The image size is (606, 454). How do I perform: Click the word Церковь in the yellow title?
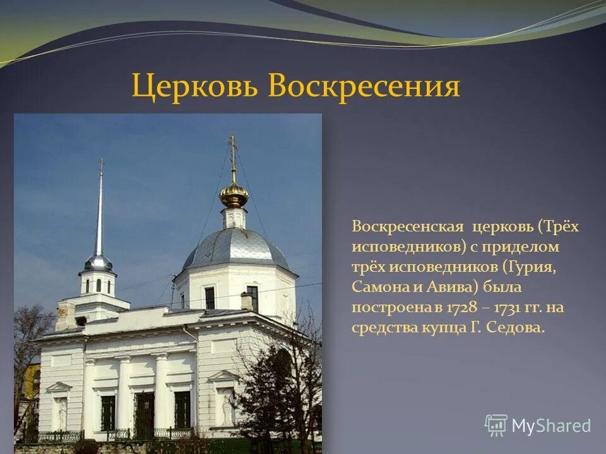click(x=195, y=87)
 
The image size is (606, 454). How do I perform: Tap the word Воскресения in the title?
click(x=364, y=87)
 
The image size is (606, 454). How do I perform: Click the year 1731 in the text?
click(x=502, y=308)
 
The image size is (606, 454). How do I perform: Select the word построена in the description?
click(x=386, y=308)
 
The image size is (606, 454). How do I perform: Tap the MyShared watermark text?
click(x=551, y=426)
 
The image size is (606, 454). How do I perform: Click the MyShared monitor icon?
click(x=496, y=426)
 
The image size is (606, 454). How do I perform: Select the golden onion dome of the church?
click(x=234, y=195)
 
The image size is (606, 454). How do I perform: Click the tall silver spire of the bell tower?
click(x=99, y=214)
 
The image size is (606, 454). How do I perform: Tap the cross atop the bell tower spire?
click(x=100, y=165)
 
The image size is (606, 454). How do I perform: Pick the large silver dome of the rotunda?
click(x=235, y=248)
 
